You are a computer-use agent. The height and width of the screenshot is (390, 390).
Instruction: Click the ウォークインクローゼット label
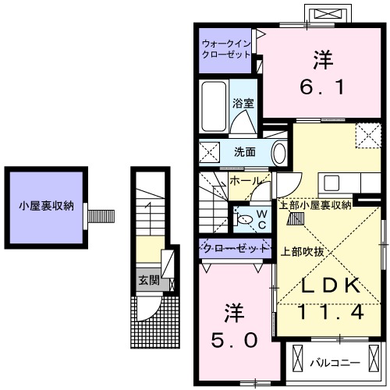[225, 49]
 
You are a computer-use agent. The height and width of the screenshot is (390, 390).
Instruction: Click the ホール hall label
[246, 181]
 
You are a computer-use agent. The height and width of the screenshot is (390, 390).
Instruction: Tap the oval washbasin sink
[278, 153]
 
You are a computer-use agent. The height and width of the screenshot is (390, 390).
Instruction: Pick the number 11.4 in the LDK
[330, 313]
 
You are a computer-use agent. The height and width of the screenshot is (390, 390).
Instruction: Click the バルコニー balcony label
[334, 363]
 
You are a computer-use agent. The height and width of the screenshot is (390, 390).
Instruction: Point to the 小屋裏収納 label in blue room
[47, 206]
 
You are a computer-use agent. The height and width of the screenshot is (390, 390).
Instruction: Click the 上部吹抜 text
[302, 252]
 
